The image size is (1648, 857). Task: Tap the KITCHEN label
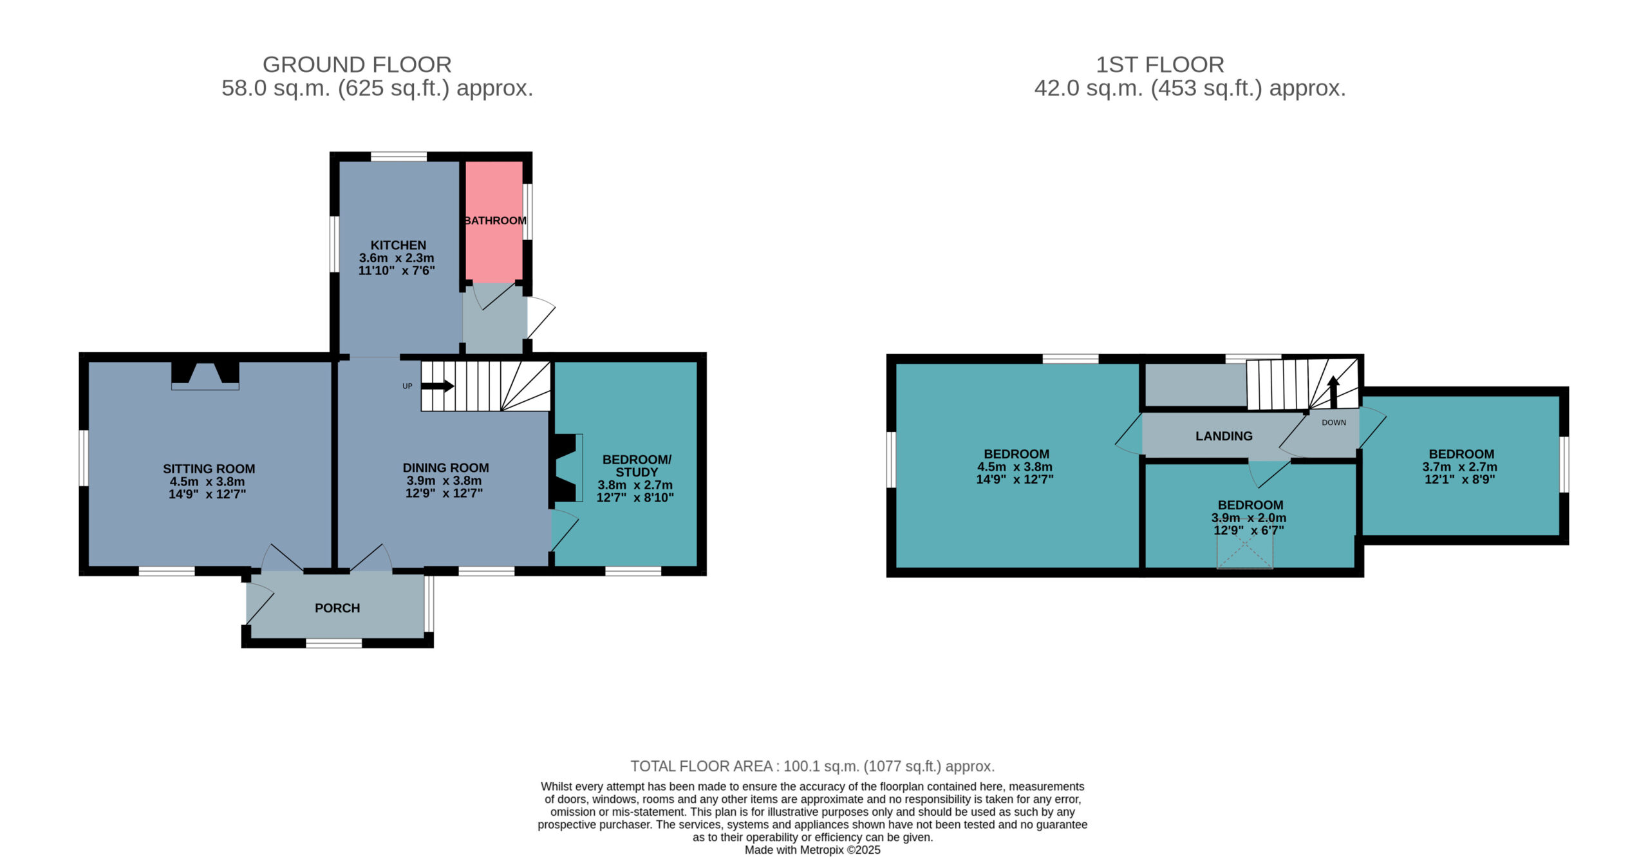(x=398, y=245)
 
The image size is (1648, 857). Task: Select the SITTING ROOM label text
(x=209, y=469)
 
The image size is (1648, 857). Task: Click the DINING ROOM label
(x=445, y=468)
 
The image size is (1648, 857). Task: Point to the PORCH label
(x=337, y=608)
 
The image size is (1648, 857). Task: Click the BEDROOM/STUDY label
(x=637, y=466)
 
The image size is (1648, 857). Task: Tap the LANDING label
(x=1224, y=436)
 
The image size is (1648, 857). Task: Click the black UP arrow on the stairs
(x=438, y=386)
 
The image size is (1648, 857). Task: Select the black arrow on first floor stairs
(x=1333, y=392)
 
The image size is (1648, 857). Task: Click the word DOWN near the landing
(x=1334, y=422)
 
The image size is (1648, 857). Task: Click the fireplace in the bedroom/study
(x=566, y=468)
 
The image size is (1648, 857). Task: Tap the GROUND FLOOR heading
(x=357, y=64)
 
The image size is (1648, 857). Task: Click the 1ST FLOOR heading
(x=1160, y=64)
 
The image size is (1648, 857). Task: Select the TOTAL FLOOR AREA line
(x=812, y=766)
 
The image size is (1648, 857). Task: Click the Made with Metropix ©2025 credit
(x=812, y=850)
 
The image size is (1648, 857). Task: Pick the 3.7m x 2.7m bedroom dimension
(x=1459, y=467)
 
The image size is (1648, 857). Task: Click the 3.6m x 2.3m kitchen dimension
(x=397, y=258)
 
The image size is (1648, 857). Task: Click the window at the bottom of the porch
(x=333, y=643)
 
